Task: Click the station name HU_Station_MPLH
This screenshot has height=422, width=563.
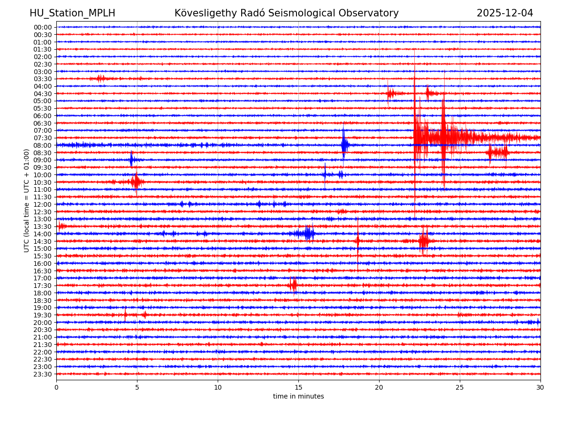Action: coord(72,14)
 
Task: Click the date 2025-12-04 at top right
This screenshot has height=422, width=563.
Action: coord(505,14)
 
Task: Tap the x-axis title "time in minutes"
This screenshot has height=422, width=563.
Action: coord(298,397)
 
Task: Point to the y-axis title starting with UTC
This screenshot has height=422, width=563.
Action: coord(27,200)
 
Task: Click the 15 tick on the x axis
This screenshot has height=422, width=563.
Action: coord(298,388)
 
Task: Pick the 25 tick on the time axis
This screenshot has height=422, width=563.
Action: coord(460,388)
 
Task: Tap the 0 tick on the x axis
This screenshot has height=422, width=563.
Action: coord(56,388)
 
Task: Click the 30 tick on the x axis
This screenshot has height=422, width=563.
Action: coord(540,388)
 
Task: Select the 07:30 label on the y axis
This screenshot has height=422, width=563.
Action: coord(43,138)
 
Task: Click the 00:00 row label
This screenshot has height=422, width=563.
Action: coord(43,27)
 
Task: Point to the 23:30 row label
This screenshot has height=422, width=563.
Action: coord(43,374)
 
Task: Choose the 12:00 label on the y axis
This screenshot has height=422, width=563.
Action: coord(43,204)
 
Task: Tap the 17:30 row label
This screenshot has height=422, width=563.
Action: coord(43,286)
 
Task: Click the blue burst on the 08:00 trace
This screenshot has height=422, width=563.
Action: coord(344,145)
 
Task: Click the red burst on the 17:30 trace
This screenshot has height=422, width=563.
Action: coord(293,285)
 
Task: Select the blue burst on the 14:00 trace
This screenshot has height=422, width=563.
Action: coord(308,234)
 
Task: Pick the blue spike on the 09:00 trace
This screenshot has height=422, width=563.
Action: coord(131,160)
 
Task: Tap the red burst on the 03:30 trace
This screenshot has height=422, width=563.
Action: coord(100,78)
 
